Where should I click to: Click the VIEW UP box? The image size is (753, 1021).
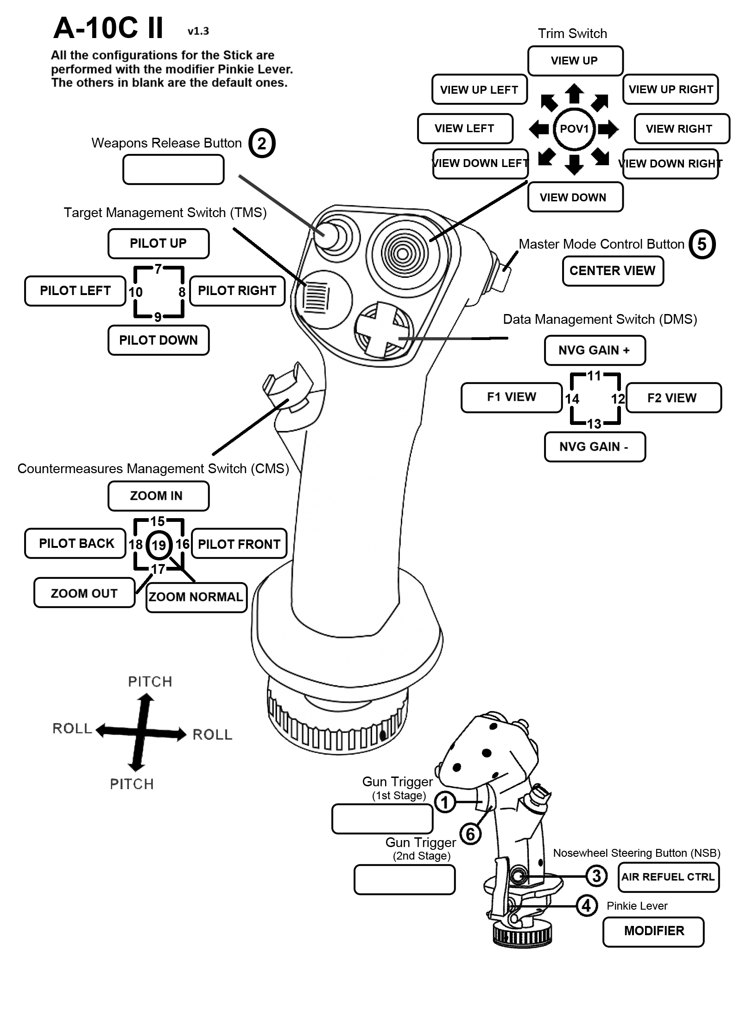click(x=575, y=61)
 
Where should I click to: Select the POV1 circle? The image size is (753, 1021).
click(x=574, y=129)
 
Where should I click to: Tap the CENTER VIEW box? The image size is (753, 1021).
click(x=613, y=271)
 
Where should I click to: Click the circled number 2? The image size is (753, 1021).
click(x=262, y=143)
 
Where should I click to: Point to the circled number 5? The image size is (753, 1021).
click(x=702, y=244)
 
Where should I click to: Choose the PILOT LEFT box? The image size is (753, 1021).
click(x=75, y=291)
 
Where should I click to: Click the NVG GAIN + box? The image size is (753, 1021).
click(x=595, y=350)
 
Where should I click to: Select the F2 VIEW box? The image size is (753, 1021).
click(x=673, y=398)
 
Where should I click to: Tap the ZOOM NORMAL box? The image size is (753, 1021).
click(x=196, y=597)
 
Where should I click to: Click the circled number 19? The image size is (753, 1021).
click(x=159, y=545)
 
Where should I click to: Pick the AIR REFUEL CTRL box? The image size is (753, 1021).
click(x=668, y=877)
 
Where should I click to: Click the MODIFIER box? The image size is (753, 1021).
click(x=653, y=931)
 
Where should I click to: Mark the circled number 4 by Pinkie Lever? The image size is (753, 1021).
click(x=586, y=905)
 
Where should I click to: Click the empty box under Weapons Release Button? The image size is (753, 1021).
click(x=173, y=170)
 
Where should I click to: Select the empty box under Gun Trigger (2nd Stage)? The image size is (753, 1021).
click(x=405, y=880)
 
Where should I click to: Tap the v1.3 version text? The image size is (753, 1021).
click(x=198, y=32)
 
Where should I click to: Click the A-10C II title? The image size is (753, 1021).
click(x=108, y=28)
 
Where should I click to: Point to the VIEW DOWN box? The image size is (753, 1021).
click(x=575, y=198)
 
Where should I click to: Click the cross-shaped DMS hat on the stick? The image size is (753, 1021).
click(x=383, y=329)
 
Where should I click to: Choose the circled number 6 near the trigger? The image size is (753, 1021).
click(x=470, y=834)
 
